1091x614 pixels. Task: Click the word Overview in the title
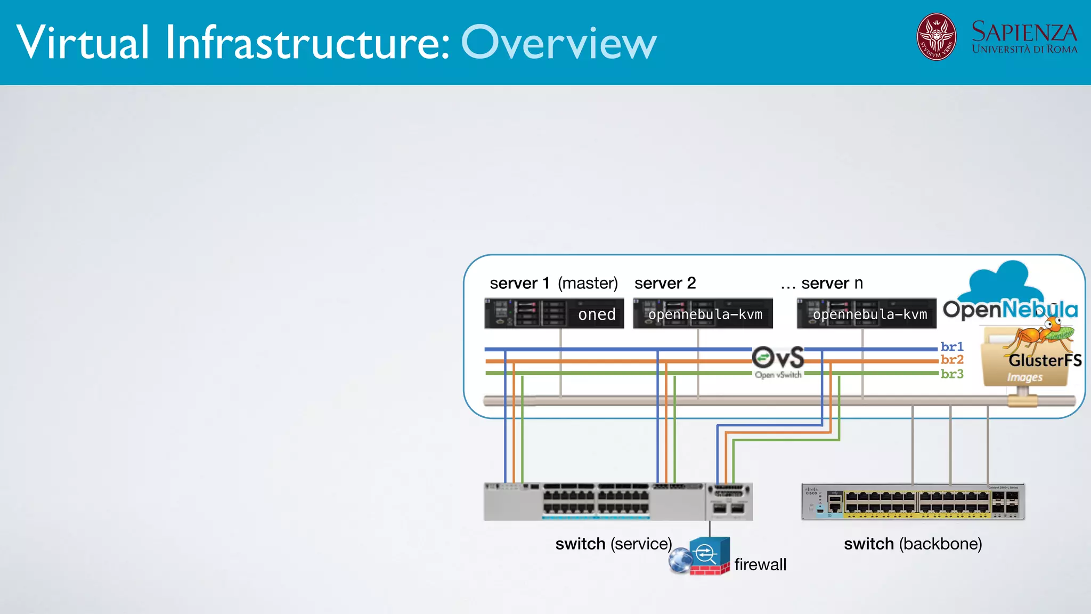[558, 43]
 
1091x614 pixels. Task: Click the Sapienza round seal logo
[936, 37]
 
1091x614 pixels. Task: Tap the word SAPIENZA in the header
[1024, 32]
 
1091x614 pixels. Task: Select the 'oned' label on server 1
[597, 314]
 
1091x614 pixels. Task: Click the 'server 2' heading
[665, 283]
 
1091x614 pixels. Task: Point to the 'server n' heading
[832, 283]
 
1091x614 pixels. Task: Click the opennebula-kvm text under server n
[869, 314]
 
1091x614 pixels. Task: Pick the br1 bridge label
[952, 346]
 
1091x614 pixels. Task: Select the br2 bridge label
[952, 360]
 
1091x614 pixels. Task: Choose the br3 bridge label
[952, 374]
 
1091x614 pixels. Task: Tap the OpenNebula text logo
[1010, 310]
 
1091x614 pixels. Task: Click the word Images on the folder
[1024, 377]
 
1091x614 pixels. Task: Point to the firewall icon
[709, 555]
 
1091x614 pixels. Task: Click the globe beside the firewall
[680, 561]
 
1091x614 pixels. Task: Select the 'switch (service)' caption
[613, 544]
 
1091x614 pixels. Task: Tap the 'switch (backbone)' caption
[913, 544]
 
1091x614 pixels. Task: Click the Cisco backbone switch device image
[913, 502]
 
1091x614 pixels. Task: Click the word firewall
[760, 564]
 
